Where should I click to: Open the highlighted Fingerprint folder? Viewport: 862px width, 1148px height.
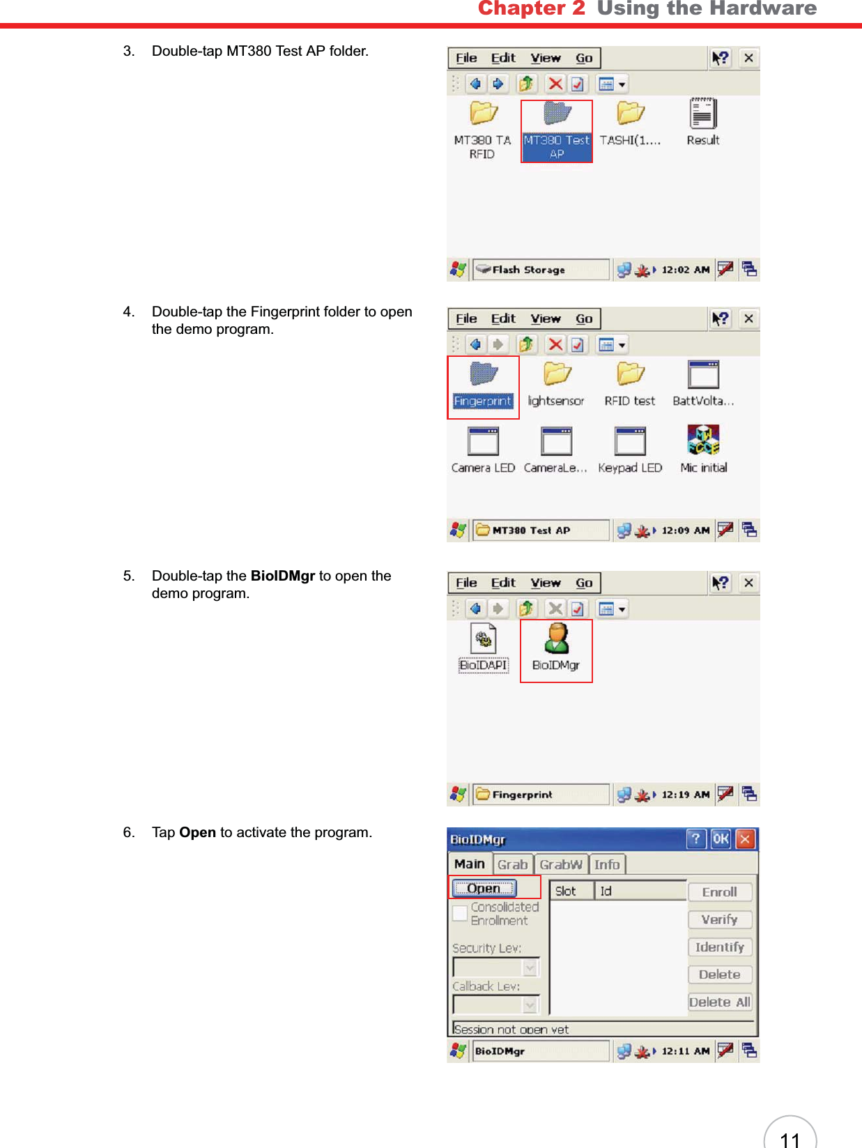pos(483,375)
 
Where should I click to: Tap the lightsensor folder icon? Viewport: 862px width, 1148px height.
pos(556,375)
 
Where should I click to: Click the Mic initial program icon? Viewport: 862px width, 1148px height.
pos(703,441)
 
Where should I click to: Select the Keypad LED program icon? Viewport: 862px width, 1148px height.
pos(630,442)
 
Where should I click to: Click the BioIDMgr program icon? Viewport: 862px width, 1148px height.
pos(556,639)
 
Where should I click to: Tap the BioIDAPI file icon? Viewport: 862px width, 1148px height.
pos(484,639)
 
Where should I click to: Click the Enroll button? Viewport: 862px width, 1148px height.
pos(720,892)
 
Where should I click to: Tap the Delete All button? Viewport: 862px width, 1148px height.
pos(720,1002)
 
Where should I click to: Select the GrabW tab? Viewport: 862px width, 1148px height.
pos(561,864)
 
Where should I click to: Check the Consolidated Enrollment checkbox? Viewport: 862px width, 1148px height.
pos(460,913)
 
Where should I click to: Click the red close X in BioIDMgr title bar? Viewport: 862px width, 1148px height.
pos(745,839)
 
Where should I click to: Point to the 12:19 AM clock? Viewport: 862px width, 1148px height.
pos(686,794)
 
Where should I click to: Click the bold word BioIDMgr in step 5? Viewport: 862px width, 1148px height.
pos(283,576)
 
